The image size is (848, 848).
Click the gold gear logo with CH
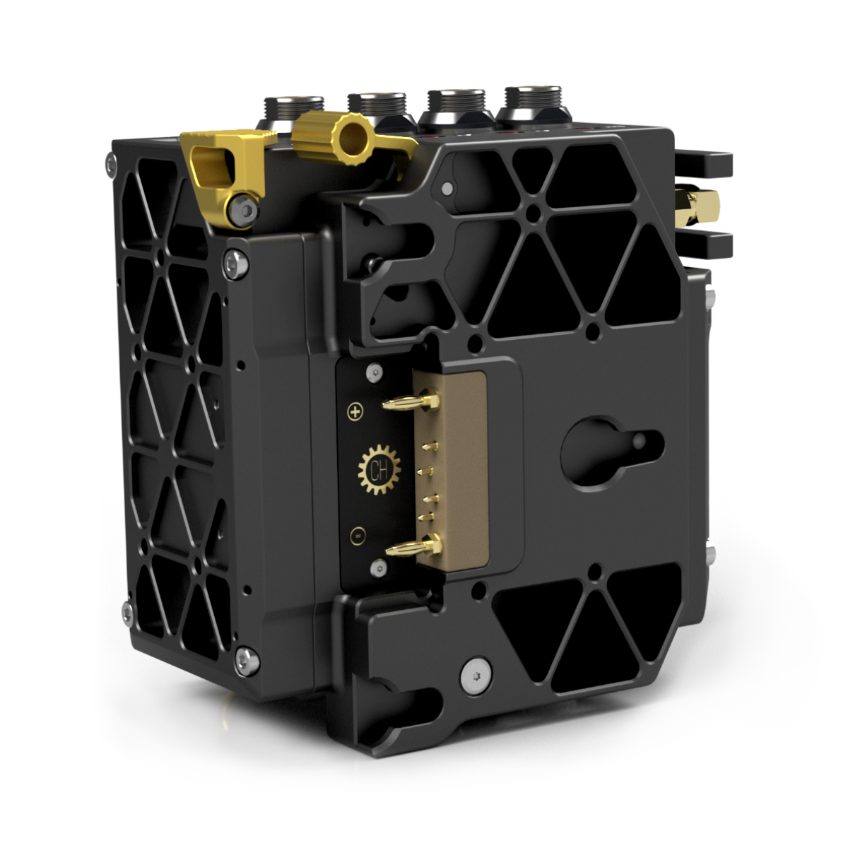click(379, 470)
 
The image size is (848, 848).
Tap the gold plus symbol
click(355, 412)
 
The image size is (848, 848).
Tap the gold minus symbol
click(358, 536)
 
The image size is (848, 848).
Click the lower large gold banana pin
click(413, 546)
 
